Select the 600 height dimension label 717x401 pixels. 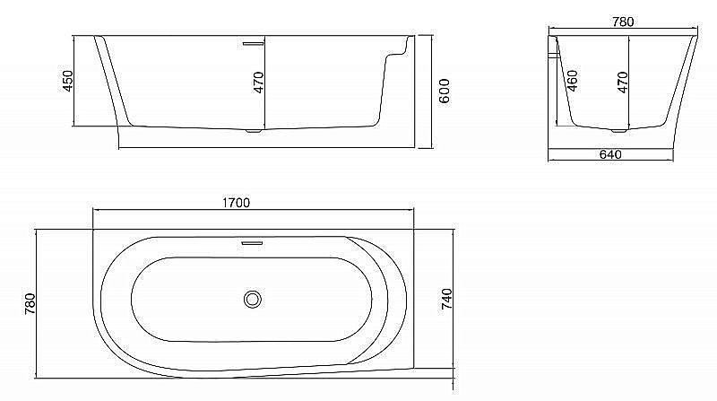click(443, 91)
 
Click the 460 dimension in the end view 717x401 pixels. click(571, 83)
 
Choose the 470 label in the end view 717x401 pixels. click(623, 82)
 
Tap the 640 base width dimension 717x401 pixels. click(610, 154)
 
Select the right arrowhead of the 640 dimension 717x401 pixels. click(672, 161)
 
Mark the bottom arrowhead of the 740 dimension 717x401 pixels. click(452, 367)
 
